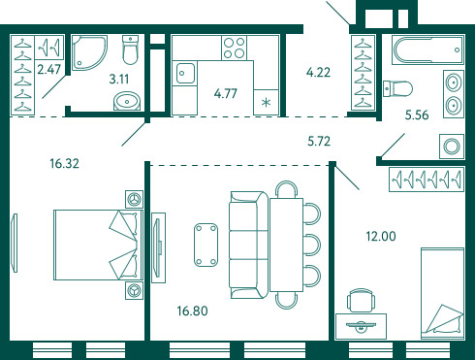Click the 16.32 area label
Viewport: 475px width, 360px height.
(64, 163)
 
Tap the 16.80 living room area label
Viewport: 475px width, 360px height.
(192, 311)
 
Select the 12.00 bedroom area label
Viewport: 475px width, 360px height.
(381, 236)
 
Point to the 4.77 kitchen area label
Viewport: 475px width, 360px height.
(226, 93)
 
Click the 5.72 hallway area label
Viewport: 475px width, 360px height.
(319, 142)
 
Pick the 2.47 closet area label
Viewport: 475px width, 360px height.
(48, 69)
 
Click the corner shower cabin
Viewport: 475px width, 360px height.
(89, 52)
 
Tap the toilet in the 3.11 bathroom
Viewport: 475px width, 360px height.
(130, 49)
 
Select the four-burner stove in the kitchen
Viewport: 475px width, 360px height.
(235, 48)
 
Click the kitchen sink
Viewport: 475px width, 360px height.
(185, 74)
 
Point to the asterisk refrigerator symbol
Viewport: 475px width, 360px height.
(266, 103)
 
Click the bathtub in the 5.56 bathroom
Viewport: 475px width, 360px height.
(427, 49)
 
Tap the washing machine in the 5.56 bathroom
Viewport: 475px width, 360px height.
(452, 147)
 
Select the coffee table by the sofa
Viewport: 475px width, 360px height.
(206, 245)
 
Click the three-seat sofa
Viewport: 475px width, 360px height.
(248, 245)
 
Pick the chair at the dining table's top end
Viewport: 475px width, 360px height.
(286, 189)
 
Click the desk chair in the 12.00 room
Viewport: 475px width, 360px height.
(361, 301)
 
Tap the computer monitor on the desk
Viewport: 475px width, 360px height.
(361, 325)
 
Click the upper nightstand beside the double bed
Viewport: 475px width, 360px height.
(134, 199)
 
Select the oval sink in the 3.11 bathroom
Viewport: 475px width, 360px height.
(127, 101)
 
